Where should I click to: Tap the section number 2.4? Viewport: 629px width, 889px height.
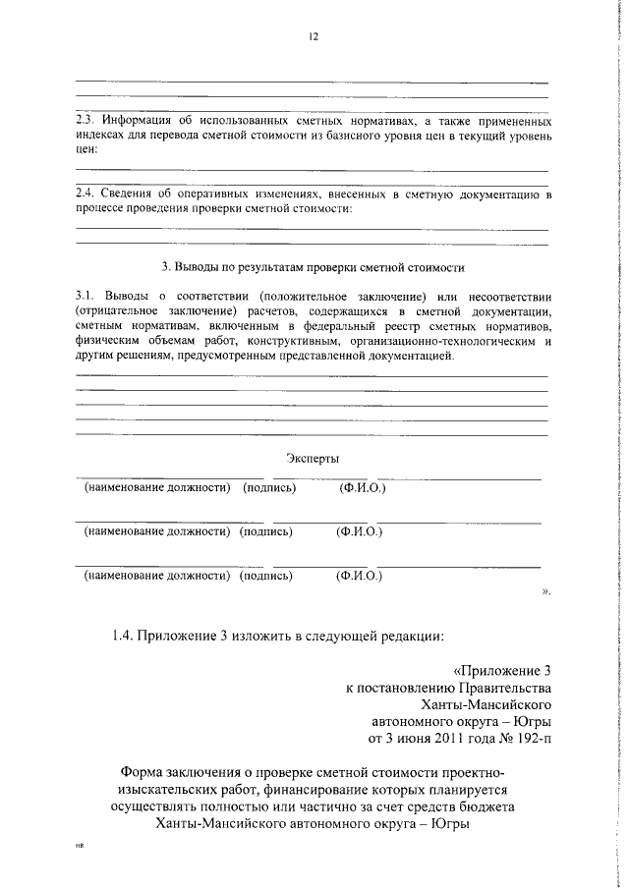(x=87, y=194)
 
